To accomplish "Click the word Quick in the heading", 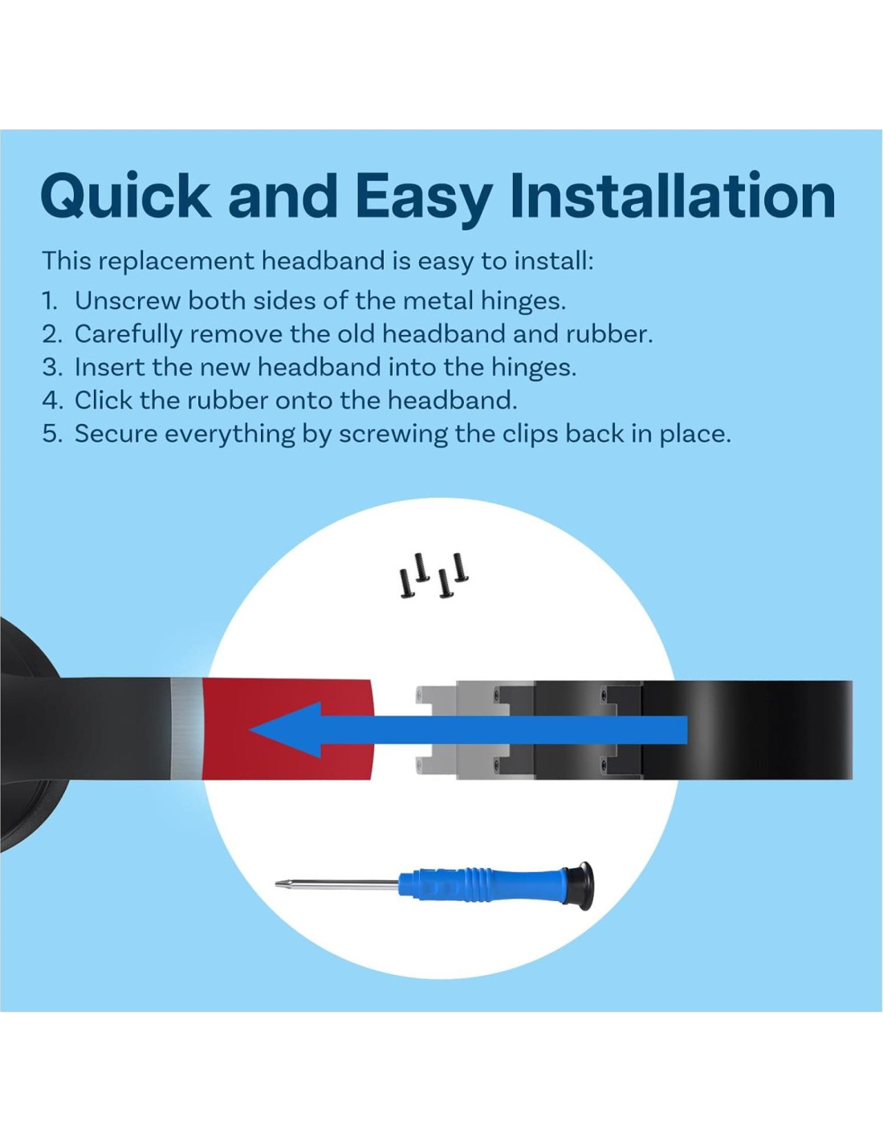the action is click(x=126, y=195).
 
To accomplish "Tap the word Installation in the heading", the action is click(x=673, y=195).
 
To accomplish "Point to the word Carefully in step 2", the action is click(x=128, y=335).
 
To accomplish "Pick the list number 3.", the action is click(x=51, y=367).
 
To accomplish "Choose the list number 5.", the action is click(x=51, y=434).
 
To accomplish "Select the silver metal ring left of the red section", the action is click(x=186, y=729).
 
